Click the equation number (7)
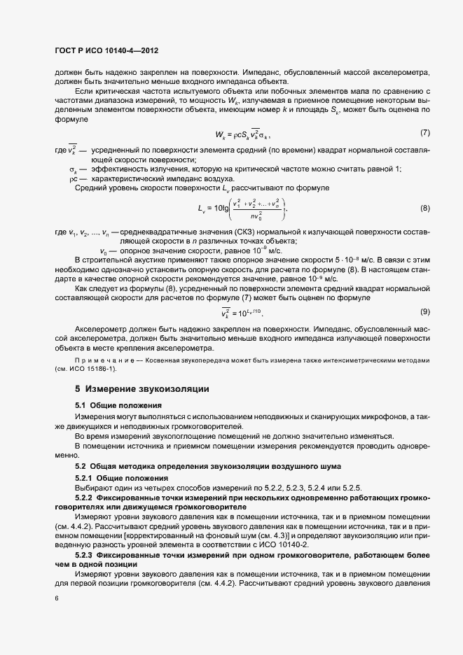[x=424, y=133]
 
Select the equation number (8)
[x=424, y=209]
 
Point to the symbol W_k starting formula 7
[x=221, y=134]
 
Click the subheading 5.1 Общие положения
[x=118, y=405]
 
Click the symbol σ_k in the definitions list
[x=73, y=169]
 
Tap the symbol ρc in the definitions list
[x=74, y=178]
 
